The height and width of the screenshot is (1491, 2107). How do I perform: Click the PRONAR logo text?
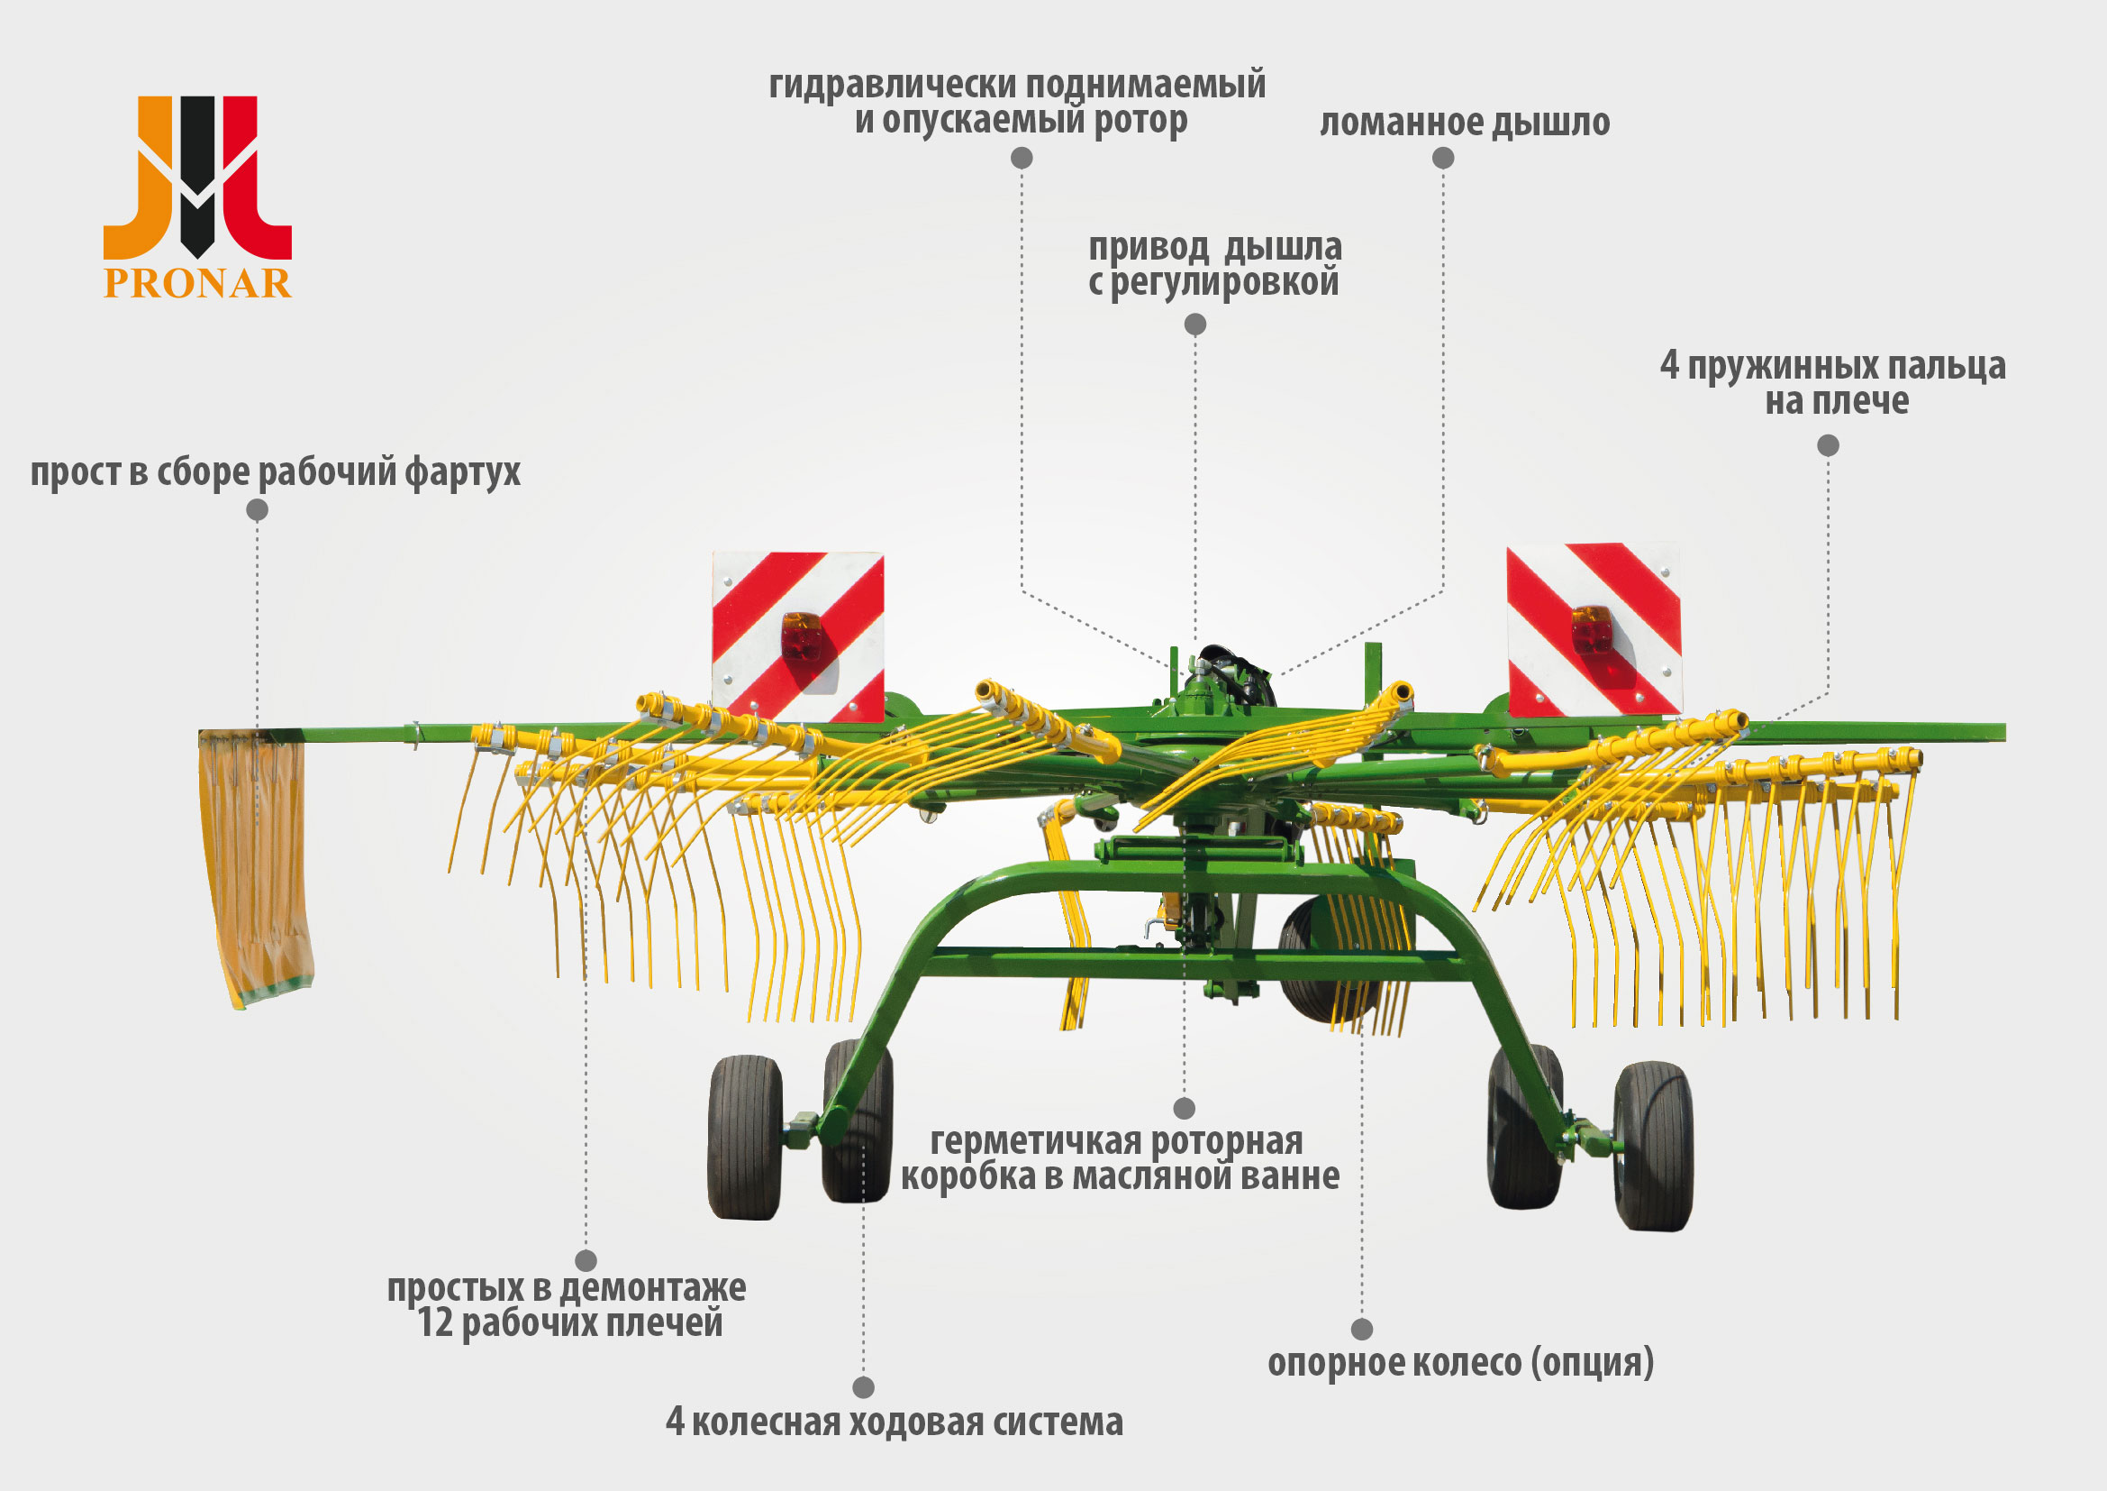pyautogui.click(x=197, y=284)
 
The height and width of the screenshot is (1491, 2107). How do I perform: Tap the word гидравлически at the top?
pyautogui.click(x=892, y=86)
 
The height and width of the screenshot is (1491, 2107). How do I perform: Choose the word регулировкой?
pyautogui.click(x=1225, y=283)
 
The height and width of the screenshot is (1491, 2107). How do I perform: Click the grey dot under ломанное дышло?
pyautogui.click(x=1442, y=158)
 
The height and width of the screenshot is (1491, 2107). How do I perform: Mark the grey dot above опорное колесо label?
pyautogui.click(x=1362, y=1329)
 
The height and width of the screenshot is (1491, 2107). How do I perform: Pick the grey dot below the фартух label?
pyautogui.click(x=257, y=509)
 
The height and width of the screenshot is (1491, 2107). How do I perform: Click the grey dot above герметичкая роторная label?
pyautogui.click(x=1185, y=1107)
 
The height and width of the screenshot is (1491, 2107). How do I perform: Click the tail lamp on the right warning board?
pyautogui.click(x=1592, y=629)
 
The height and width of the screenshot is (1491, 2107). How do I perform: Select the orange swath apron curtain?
pyautogui.click(x=256, y=867)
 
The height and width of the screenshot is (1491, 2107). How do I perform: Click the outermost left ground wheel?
pyautogui.click(x=744, y=1138)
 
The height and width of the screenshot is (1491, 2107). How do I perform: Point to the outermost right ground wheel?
pyautogui.click(x=1653, y=1146)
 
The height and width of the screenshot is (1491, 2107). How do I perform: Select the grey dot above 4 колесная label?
pyautogui.click(x=863, y=1386)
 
